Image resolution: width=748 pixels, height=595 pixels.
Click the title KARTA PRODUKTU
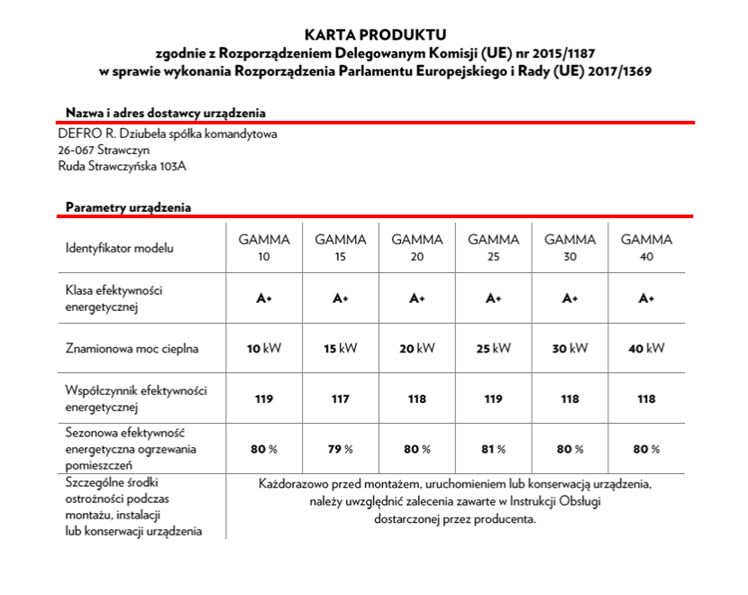coord(374,35)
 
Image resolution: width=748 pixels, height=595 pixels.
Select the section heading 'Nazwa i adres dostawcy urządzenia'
coord(165,113)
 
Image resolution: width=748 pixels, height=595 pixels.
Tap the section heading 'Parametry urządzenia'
coord(128,207)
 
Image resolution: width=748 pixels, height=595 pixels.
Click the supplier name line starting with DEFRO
coord(167,134)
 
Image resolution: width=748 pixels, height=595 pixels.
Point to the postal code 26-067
coord(75,151)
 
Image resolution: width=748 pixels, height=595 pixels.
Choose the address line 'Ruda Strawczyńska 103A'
coord(123,167)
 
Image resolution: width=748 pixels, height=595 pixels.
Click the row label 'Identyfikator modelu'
coord(119,248)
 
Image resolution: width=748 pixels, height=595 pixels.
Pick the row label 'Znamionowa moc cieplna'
coord(132,348)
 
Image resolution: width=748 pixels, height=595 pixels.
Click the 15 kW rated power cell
coord(341,348)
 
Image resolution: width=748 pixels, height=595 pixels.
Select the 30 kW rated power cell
coord(570,348)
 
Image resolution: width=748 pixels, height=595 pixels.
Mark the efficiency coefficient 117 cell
coord(341,398)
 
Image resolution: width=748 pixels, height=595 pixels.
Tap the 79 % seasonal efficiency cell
coord(341,449)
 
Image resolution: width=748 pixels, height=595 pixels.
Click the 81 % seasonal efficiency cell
coord(494,449)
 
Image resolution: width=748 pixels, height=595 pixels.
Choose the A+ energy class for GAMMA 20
coord(417,298)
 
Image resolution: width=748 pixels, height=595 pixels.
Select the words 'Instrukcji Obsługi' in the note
coord(554,501)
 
